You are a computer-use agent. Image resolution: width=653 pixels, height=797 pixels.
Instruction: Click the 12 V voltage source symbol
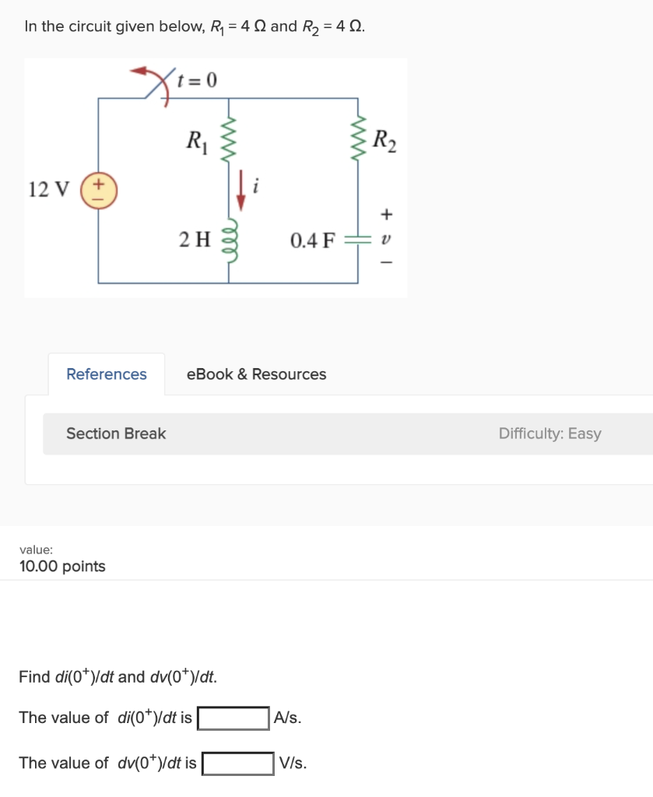(98, 189)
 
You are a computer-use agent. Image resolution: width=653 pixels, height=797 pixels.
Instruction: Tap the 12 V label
(48, 189)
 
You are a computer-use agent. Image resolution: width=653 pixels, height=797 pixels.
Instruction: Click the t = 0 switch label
(198, 79)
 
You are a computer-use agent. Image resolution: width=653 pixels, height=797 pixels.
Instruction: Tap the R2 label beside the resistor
(384, 141)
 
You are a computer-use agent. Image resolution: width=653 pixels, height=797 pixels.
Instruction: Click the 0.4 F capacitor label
(312, 241)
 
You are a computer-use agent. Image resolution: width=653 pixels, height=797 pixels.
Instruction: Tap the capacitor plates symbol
(358, 241)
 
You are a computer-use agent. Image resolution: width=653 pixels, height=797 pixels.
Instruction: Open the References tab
(107, 374)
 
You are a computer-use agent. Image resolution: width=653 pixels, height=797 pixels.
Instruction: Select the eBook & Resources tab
(256, 374)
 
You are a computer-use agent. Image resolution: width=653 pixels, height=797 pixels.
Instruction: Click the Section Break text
(116, 434)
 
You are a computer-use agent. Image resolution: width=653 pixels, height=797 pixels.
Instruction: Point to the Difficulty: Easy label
(549, 434)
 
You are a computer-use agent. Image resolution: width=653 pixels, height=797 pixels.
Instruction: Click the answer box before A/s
(233, 718)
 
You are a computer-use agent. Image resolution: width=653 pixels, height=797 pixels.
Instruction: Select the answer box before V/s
(238, 763)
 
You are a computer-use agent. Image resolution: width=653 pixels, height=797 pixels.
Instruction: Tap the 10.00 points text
(62, 566)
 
